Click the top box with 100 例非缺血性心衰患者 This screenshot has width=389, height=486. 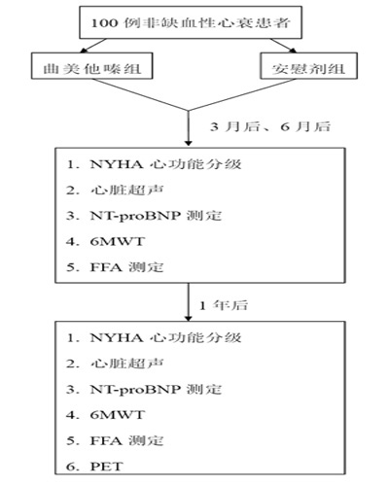tap(191, 22)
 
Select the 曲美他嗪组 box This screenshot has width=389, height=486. tap(92, 66)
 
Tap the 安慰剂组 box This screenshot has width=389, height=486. tap(309, 66)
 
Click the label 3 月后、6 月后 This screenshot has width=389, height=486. tap(270, 126)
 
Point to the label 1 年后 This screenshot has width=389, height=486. tap(224, 305)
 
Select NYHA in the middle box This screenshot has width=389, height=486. tap(117, 164)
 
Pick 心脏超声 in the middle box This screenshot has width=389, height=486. tap(127, 191)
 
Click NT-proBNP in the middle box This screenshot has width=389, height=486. tap(135, 216)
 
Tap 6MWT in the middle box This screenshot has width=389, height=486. tap(118, 242)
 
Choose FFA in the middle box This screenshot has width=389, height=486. tap(106, 267)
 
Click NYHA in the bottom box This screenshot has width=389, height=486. tap(117, 338)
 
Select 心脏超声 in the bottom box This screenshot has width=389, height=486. tap(127, 364)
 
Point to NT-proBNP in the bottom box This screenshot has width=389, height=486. tap(135, 390)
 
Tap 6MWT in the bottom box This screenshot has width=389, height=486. tap(118, 415)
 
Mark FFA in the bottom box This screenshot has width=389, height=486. tap(106, 440)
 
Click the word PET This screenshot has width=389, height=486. tap(107, 467)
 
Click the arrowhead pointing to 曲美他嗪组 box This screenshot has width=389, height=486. tap(85, 50)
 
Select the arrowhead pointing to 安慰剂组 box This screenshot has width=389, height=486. tap(293, 50)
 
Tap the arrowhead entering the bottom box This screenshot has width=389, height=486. tap(189, 318)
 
